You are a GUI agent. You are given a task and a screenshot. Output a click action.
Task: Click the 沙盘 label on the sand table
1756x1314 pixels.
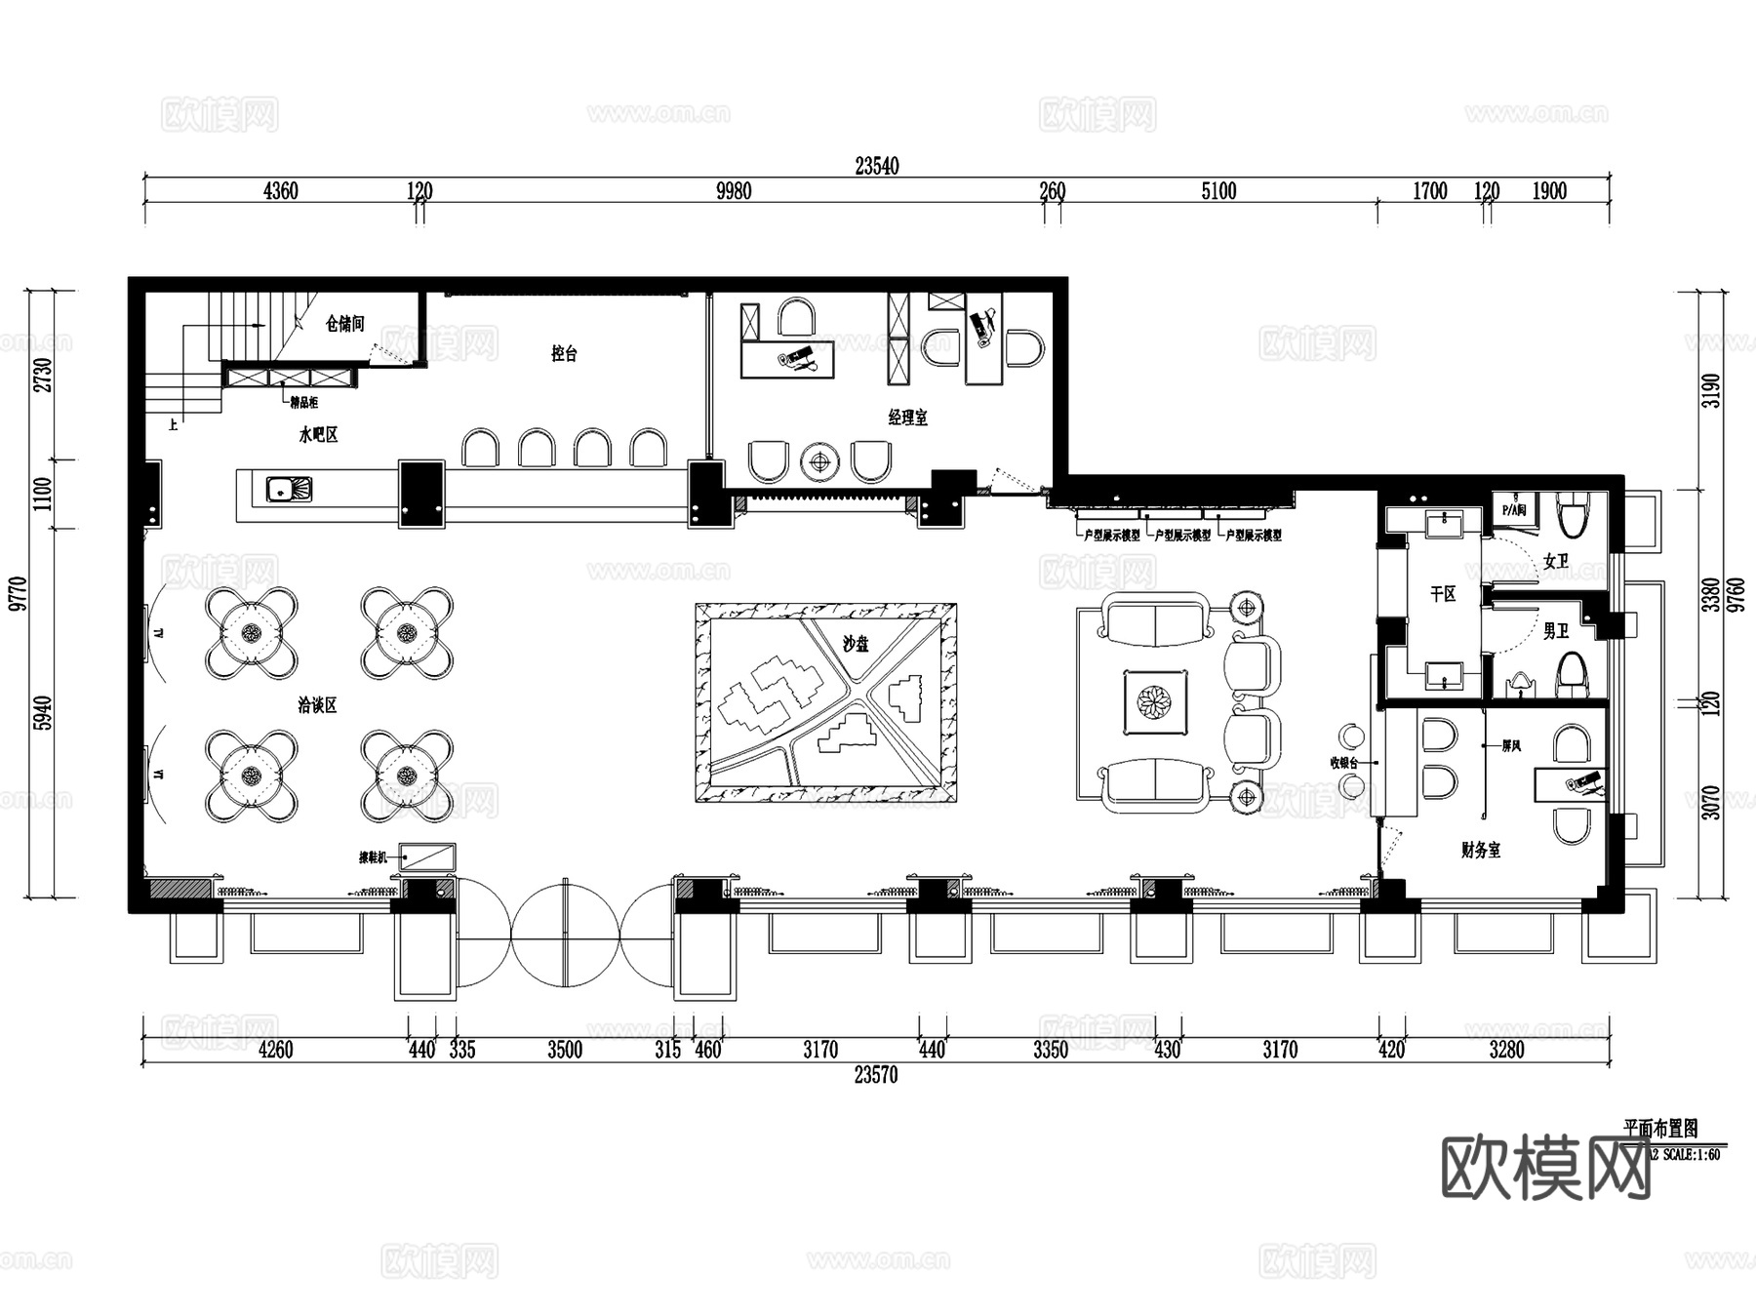pyautogui.click(x=856, y=644)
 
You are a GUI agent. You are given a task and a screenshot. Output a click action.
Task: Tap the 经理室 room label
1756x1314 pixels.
pyautogui.click(x=907, y=418)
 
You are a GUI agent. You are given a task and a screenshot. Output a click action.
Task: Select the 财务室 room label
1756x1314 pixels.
pyautogui.click(x=1480, y=851)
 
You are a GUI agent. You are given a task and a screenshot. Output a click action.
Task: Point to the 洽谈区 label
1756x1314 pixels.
pyautogui.click(x=317, y=704)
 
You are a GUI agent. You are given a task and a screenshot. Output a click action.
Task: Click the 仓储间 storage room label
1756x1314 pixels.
pyautogui.click(x=344, y=323)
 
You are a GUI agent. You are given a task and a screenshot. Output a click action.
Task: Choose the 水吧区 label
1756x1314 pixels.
pyautogui.click(x=318, y=435)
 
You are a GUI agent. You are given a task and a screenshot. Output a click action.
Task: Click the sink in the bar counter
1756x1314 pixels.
pyautogui.click(x=289, y=489)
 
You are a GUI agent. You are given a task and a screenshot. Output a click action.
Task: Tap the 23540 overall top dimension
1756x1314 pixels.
pyautogui.click(x=876, y=166)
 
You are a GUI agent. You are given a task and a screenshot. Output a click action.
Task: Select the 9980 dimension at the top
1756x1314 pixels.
pyautogui.click(x=734, y=191)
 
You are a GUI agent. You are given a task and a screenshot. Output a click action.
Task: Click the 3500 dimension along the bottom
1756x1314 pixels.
pyautogui.click(x=564, y=1050)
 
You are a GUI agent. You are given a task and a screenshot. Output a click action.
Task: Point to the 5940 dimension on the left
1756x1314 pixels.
pyautogui.click(x=42, y=713)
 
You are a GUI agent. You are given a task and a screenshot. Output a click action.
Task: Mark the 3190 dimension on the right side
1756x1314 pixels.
pyautogui.click(x=1712, y=390)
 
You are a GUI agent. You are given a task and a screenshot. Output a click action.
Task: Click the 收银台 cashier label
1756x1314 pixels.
pyautogui.click(x=1343, y=763)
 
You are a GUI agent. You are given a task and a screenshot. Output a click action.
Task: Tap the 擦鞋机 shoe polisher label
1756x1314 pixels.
pyautogui.click(x=373, y=857)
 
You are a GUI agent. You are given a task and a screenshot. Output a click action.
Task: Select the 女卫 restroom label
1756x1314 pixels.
pyautogui.click(x=1555, y=562)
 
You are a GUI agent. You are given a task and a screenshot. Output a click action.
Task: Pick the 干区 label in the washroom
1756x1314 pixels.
pyautogui.click(x=1443, y=593)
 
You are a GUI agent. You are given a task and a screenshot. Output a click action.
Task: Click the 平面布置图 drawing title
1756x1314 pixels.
pyautogui.click(x=1660, y=1129)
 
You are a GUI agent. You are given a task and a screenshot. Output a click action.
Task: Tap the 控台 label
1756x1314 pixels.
pyautogui.click(x=564, y=353)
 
